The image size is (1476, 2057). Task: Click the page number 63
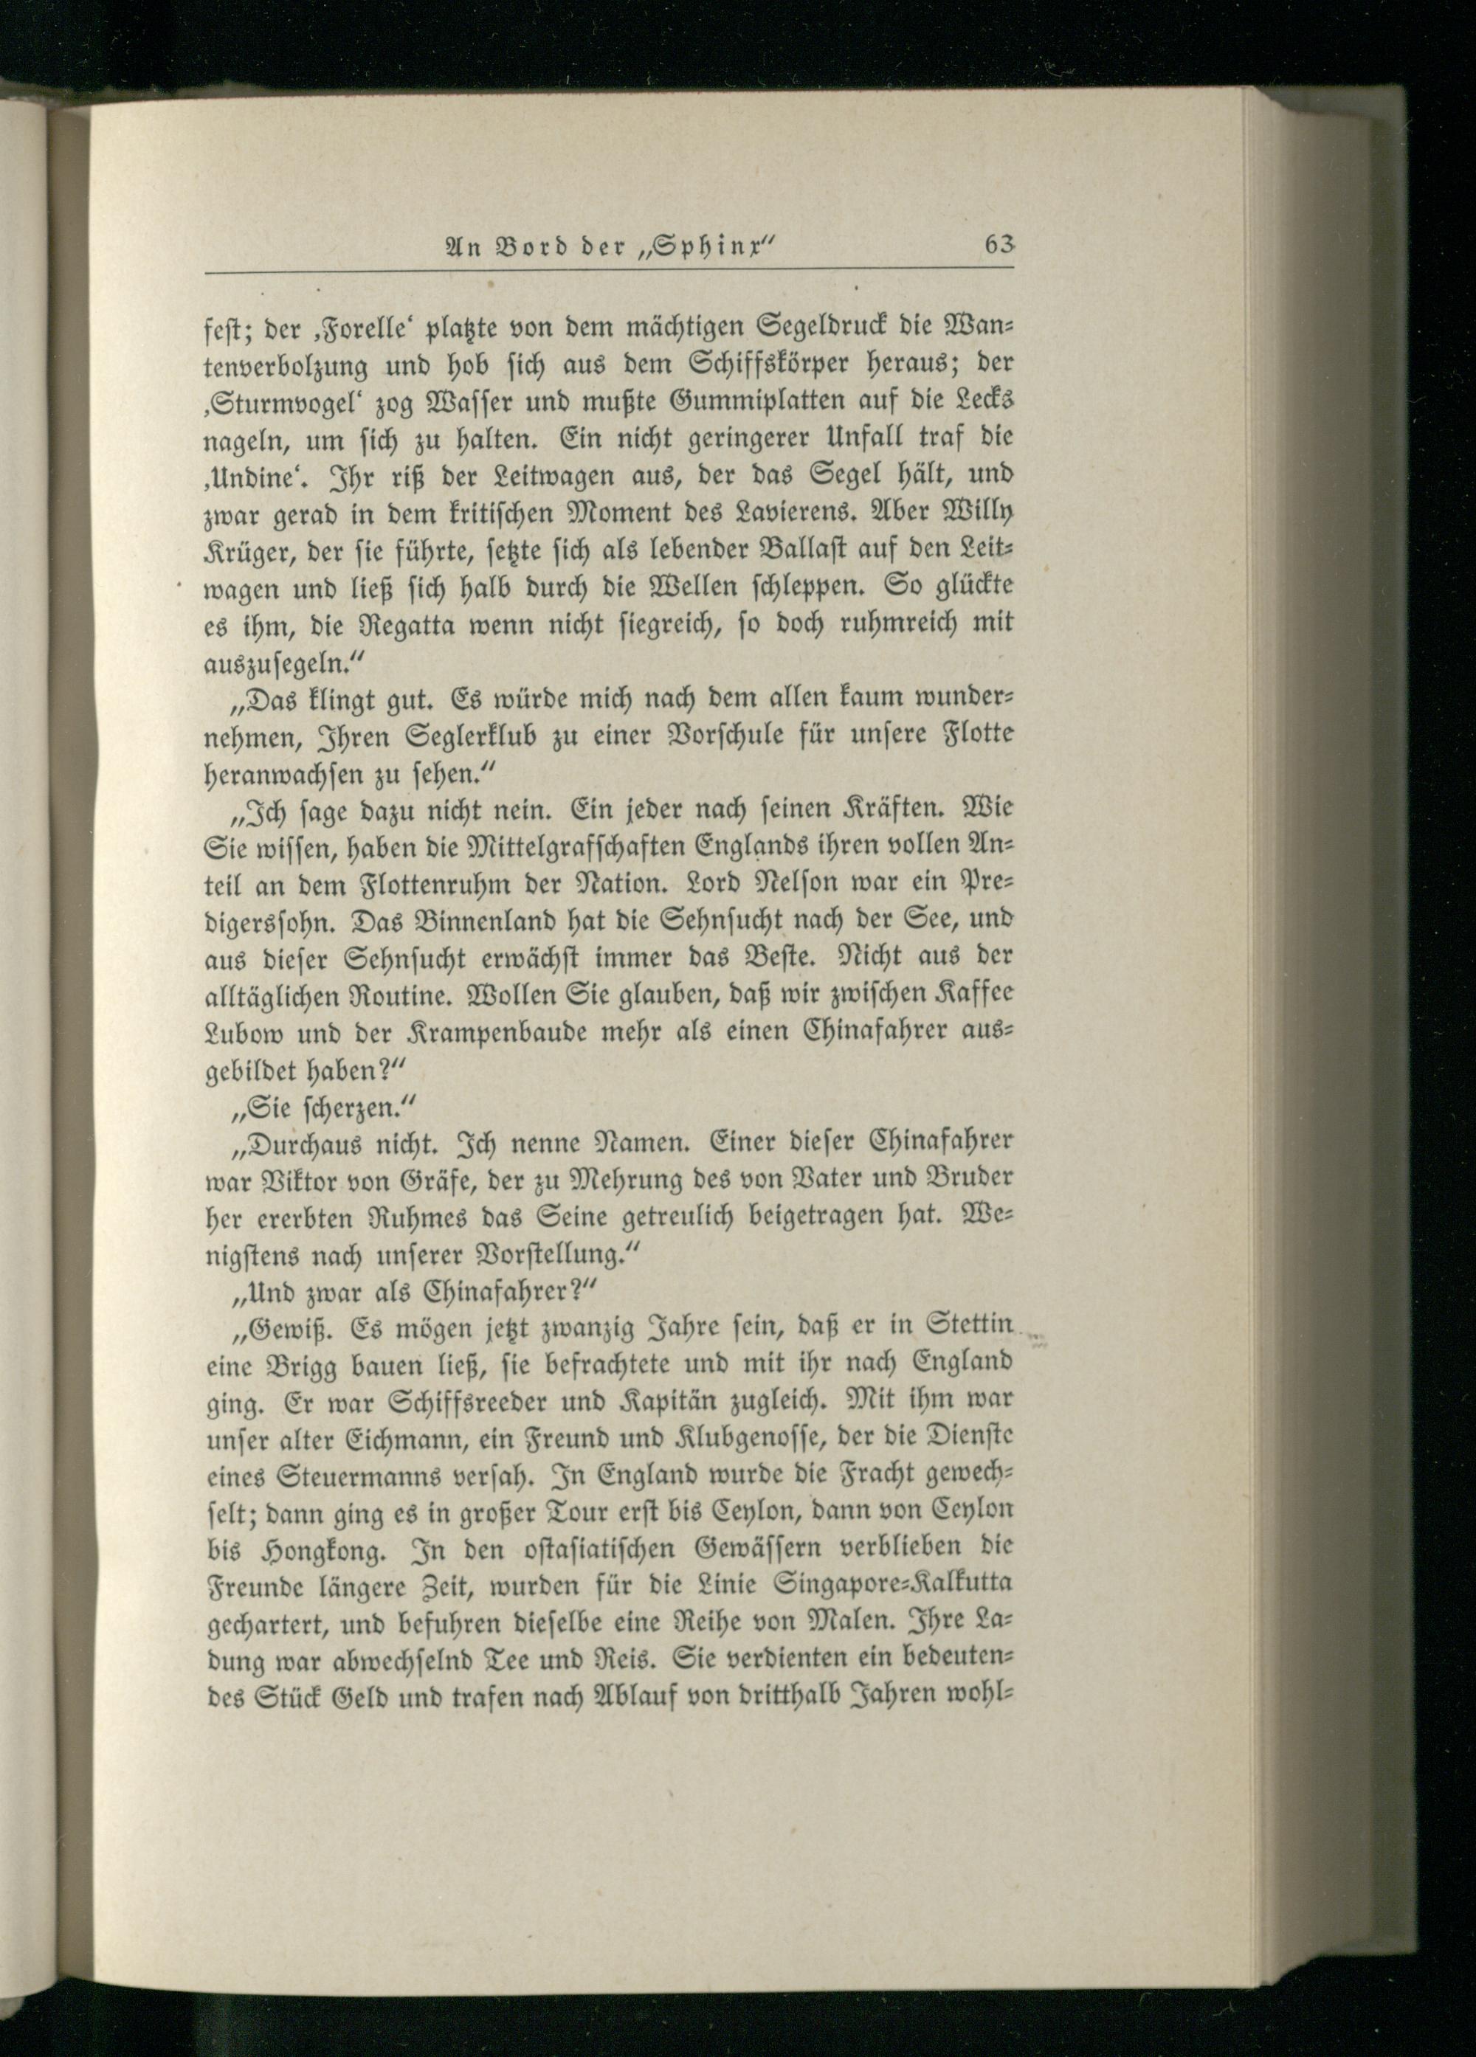997,246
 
